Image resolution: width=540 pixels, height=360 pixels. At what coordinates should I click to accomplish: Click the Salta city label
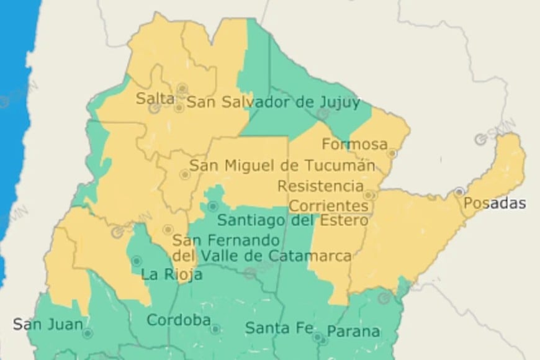coord(155,98)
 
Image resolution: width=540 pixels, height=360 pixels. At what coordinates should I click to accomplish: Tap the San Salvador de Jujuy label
coord(273,102)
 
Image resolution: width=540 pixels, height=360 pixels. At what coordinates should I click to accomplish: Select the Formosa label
coord(354,145)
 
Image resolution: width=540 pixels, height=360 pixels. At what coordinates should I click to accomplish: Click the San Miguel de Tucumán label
coord(282,166)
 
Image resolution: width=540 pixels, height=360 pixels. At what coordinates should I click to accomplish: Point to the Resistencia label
coord(320,186)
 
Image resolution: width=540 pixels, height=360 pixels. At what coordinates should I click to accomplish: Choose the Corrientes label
coord(329,205)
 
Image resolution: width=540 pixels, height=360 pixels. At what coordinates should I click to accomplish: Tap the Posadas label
coord(495,204)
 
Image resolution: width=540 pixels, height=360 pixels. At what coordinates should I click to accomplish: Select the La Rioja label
coord(171,274)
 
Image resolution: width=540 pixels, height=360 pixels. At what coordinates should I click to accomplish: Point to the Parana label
coord(353,331)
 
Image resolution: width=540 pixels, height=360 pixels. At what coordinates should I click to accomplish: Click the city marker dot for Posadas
coord(459,192)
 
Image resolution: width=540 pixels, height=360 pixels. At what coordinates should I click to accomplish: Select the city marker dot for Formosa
coord(392,153)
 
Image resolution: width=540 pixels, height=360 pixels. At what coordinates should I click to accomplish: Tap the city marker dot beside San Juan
coord(88,334)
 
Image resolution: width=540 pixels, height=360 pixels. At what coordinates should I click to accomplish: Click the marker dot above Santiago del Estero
coord(213,206)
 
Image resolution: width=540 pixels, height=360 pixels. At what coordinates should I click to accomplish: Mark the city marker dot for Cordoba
coord(215,329)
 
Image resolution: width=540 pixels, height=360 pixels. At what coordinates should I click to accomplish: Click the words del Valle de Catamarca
coord(262,256)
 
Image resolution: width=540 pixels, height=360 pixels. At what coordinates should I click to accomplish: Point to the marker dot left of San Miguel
coord(184,174)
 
